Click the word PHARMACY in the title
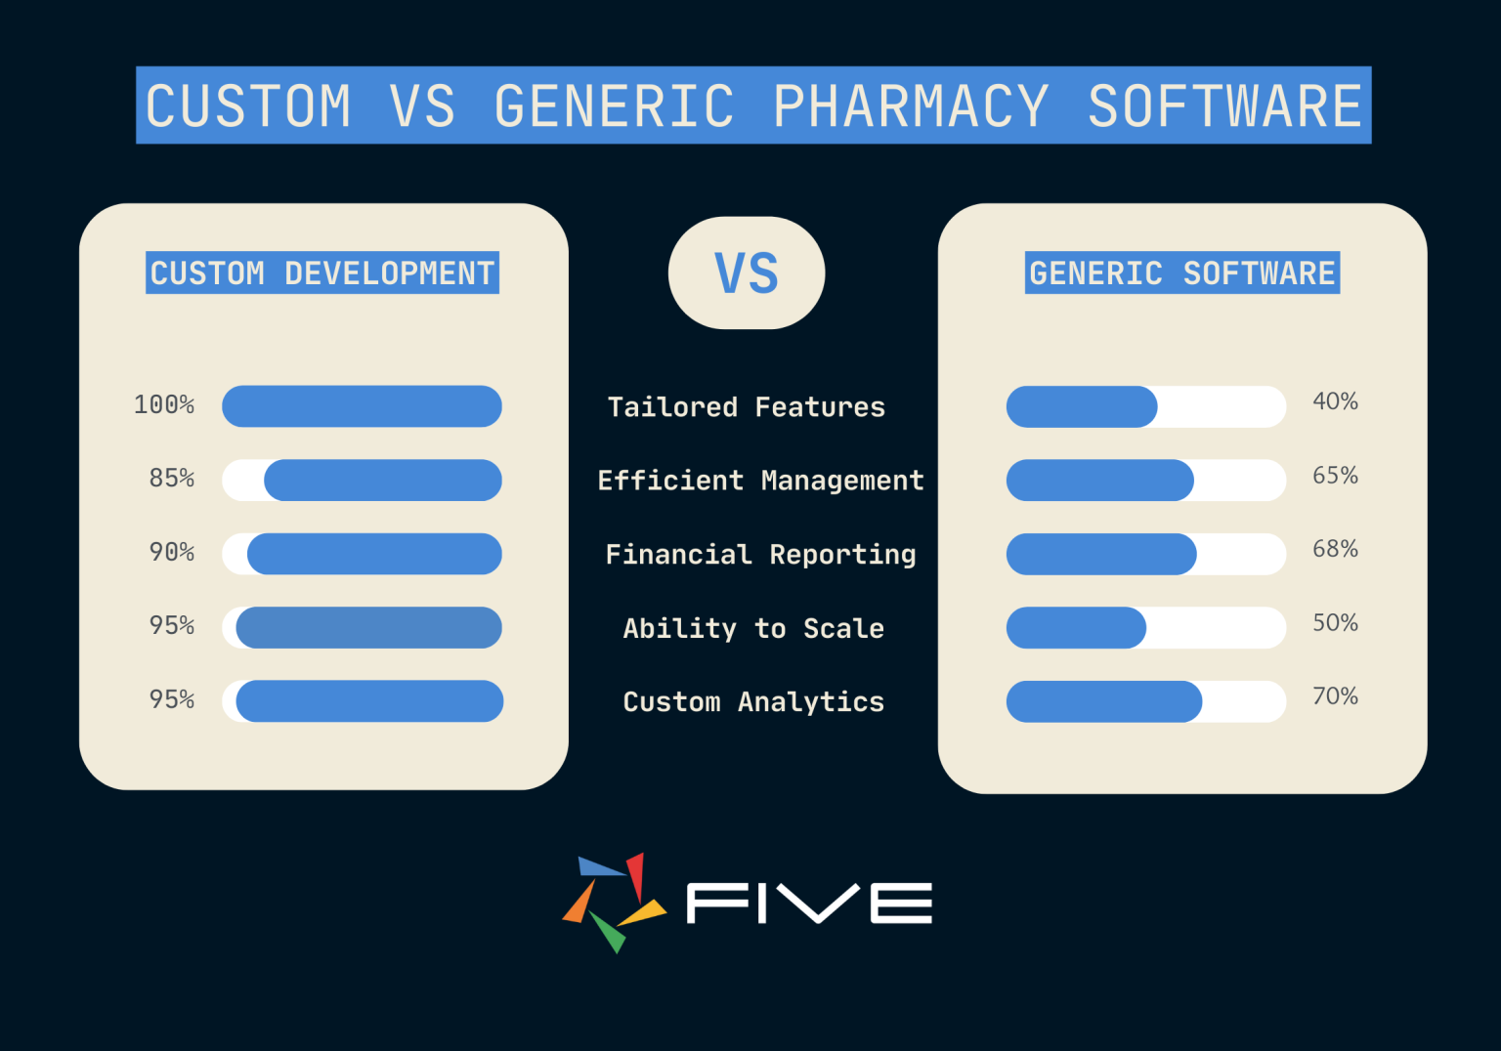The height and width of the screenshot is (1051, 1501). coord(911,105)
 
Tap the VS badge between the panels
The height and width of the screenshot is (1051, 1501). coord(747,273)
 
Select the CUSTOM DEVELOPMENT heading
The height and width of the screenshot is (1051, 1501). coord(322,273)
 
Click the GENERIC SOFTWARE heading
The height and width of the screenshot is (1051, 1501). coord(1181,273)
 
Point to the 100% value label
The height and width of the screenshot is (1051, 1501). coord(164,404)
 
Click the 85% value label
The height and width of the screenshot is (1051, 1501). coord(172,478)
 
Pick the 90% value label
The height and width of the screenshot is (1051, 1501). coord(172,552)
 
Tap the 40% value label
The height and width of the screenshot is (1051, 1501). coord(1335,401)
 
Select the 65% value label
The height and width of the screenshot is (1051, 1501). coord(1335,476)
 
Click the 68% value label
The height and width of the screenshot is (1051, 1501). coord(1335,549)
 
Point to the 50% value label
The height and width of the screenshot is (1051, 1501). coord(1335,623)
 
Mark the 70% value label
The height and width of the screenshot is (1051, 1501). coord(1335,696)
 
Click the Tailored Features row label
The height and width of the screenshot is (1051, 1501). coord(747,407)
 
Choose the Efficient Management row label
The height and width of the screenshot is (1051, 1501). coord(760,481)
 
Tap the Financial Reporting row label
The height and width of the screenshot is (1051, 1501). coord(760,555)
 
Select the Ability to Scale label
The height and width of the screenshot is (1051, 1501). coord(753,628)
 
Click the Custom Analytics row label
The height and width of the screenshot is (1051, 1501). coord(753,702)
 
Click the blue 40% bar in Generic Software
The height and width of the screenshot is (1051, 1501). coord(1082,406)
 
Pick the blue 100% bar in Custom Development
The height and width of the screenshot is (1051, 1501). coord(362,406)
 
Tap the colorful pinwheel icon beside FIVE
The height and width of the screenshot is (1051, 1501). coord(614,903)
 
